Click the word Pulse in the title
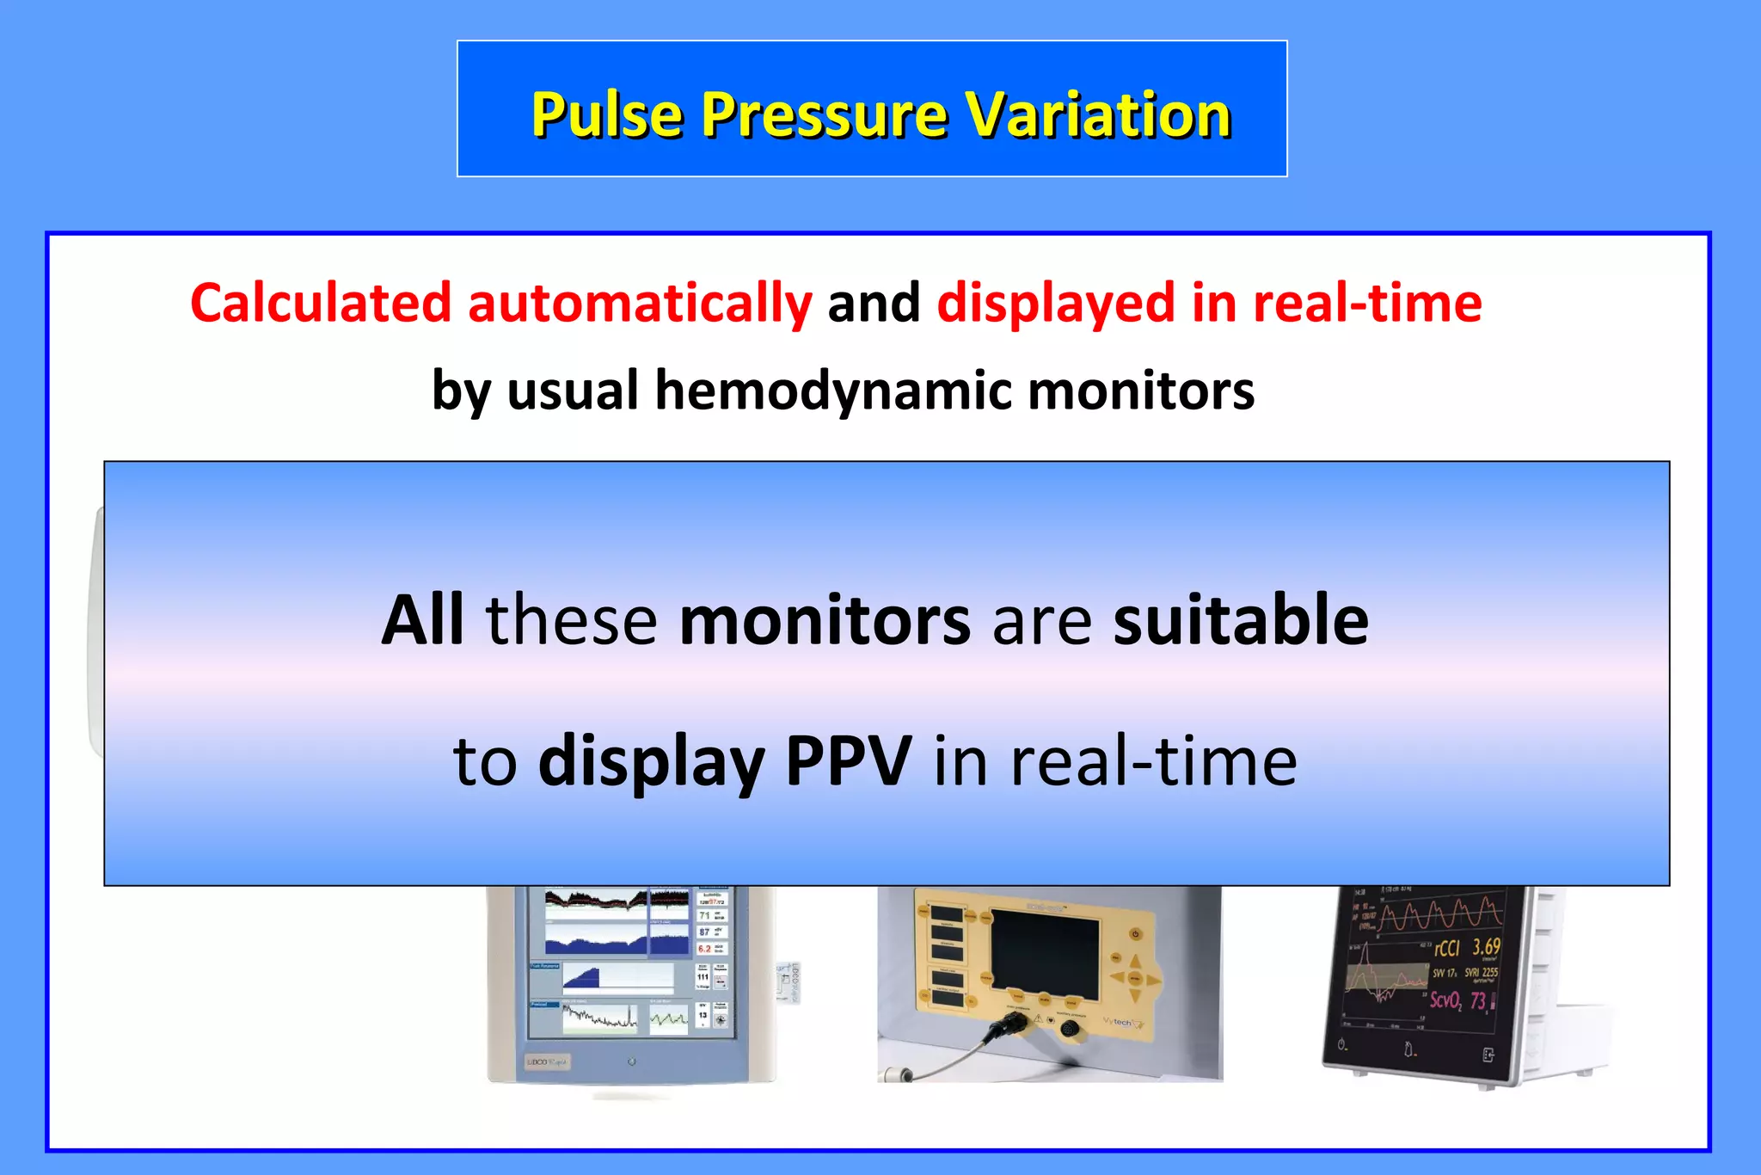pos(608,114)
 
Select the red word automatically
pos(639,304)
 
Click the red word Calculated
pos(321,304)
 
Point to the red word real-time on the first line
pos(1367,304)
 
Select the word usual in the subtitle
pos(573,391)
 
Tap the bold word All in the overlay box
pos(422,619)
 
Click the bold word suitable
pos(1240,619)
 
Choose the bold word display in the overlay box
pos(652,761)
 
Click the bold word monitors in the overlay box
pos(825,619)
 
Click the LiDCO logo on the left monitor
pos(547,1062)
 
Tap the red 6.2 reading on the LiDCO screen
pos(704,949)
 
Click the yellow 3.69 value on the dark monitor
pos(1486,947)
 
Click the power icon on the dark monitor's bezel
pos(1342,1045)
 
